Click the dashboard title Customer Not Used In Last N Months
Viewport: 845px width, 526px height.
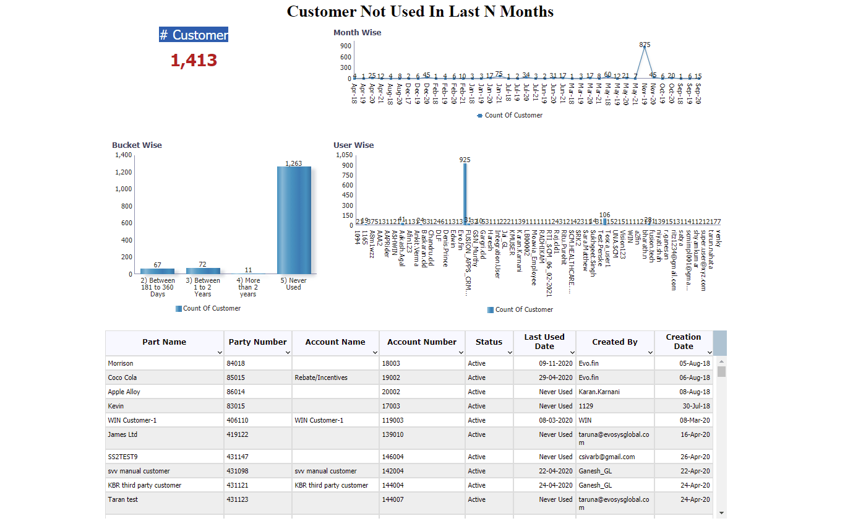coord(420,11)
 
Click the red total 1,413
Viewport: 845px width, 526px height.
coord(194,60)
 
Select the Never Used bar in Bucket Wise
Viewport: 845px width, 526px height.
coord(294,220)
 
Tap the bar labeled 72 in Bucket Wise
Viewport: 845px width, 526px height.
coord(203,270)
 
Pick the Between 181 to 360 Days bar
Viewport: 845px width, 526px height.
coord(157,270)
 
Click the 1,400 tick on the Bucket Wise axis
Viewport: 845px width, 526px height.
coord(124,155)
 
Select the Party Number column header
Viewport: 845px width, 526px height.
coord(257,342)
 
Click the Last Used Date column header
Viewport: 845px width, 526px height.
coord(544,342)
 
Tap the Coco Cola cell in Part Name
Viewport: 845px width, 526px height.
coord(122,377)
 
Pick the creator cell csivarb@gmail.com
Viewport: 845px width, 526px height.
coord(606,457)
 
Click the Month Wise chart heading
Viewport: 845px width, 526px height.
coord(358,32)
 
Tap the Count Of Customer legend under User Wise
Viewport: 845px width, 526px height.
coord(523,309)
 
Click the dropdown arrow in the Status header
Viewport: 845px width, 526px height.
coord(509,352)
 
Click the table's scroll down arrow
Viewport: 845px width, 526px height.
coord(721,512)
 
